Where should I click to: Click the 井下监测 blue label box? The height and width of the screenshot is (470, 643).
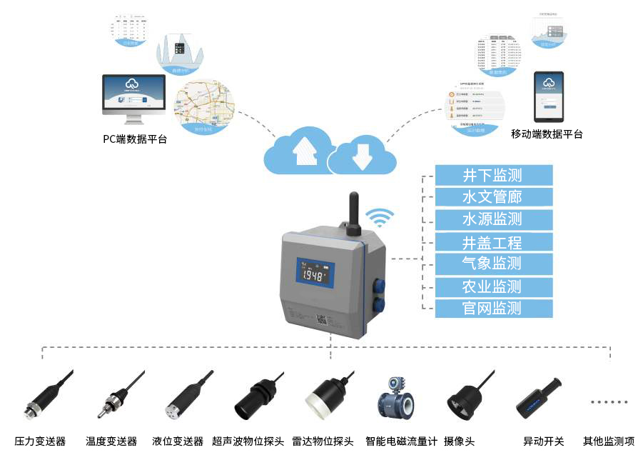tap(493, 175)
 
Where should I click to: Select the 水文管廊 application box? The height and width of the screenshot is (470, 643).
tap(493, 197)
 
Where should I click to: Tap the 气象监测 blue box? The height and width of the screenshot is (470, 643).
tap(493, 264)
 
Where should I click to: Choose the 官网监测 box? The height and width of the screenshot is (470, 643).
tap(493, 309)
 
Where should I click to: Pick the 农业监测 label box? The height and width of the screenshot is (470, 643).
tap(493, 286)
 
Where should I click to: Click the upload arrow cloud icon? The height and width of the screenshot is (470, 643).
tap(304, 149)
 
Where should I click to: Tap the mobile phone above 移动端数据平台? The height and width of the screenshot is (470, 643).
tap(548, 96)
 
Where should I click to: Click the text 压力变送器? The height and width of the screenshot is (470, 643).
tap(40, 441)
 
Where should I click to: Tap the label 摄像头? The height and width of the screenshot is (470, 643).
tap(459, 441)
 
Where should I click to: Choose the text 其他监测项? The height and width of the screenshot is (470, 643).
tap(608, 441)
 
